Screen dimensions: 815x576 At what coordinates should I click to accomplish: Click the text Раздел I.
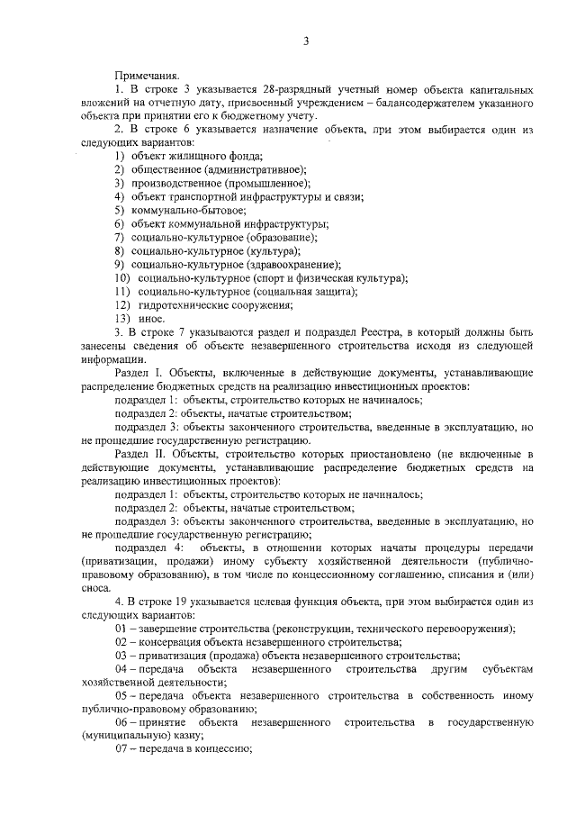[136, 371]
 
